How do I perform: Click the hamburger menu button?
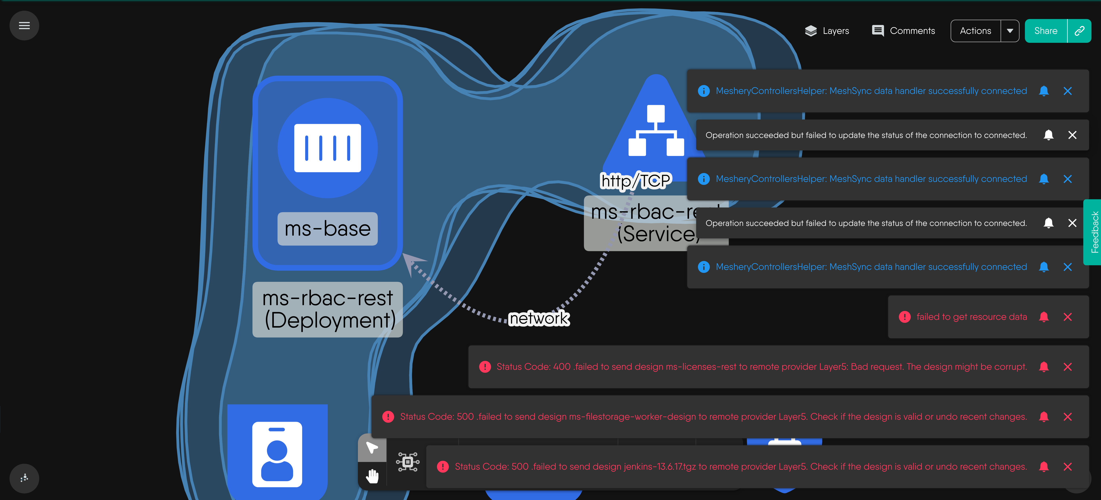click(x=24, y=26)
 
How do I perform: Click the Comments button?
click(x=903, y=31)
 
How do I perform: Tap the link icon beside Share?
click(x=1079, y=31)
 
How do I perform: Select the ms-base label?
click(x=327, y=229)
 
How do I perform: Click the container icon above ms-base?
click(x=327, y=148)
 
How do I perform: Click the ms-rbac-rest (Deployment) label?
click(x=327, y=309)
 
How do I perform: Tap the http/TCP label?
click(x=636, y=181)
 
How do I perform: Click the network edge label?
click(x=539, y=318)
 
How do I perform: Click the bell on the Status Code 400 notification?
click(x=1044, y=367)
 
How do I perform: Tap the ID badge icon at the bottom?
click(x=277, y=454)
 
